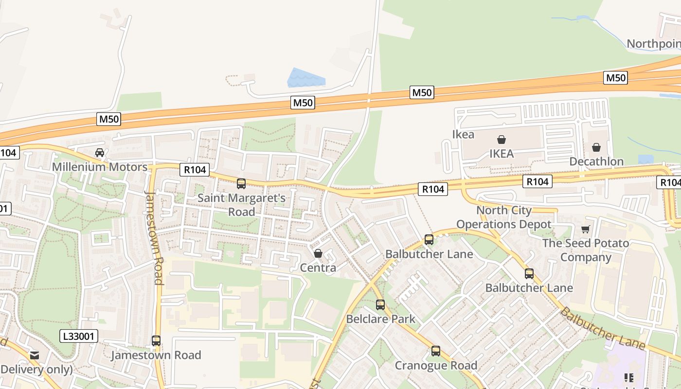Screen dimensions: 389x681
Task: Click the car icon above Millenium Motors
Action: click(100, 152)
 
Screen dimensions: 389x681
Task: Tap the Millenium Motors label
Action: click(100, 167)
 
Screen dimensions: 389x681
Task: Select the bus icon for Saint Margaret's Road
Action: click(241, 184)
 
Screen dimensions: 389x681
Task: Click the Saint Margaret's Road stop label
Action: click(241, 205)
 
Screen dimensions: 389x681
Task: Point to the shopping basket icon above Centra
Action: click(318, 253)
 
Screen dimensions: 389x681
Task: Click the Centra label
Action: click(318, 268)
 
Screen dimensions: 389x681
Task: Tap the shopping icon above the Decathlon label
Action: click(596, 147)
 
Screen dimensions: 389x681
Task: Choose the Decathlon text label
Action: click(596, 161)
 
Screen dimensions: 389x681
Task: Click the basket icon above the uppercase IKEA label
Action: click(501, 140)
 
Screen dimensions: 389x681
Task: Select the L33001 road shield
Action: click(79, 336)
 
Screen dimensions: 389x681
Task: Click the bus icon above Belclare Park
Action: click(380, 305)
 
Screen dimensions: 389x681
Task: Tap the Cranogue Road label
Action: click(436, 365)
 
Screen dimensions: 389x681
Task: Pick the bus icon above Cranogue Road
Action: click(436, 351)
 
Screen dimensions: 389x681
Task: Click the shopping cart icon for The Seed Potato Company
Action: click(586, 229)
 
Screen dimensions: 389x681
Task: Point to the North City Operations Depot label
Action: click(504, 217)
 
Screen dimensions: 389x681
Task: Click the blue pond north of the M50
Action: click(305, 78)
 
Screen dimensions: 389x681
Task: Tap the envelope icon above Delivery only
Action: click(34, 355)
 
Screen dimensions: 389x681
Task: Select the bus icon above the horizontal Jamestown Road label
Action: click(156, 341)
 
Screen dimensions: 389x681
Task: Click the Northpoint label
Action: click(653, 44)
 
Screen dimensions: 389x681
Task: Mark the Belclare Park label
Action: click(380, 319)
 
